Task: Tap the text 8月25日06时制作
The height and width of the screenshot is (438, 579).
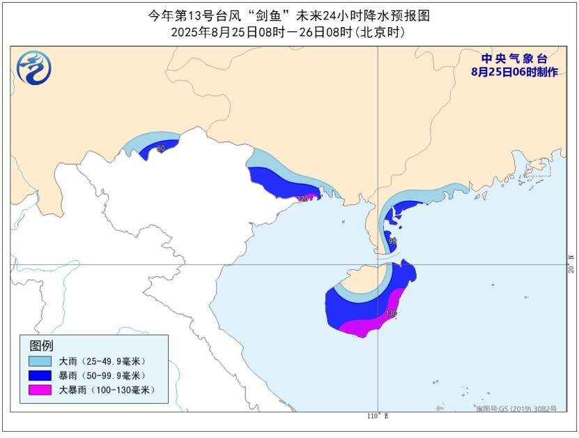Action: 514,73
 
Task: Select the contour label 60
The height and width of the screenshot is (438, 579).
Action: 161,149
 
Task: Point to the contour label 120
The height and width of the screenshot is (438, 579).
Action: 302,199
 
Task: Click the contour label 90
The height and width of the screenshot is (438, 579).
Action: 392,241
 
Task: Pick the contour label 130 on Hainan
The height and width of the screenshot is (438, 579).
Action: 392,314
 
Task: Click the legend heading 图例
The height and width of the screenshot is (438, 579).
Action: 41,345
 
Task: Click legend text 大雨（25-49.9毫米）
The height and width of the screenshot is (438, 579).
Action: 103,361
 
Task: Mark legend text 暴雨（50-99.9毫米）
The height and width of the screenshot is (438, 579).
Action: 103,375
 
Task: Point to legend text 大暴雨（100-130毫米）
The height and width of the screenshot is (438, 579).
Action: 107,390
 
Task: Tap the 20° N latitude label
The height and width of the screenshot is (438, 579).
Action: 571,264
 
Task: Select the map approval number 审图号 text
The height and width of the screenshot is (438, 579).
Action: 516,409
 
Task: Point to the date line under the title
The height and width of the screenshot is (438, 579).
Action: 288,32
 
